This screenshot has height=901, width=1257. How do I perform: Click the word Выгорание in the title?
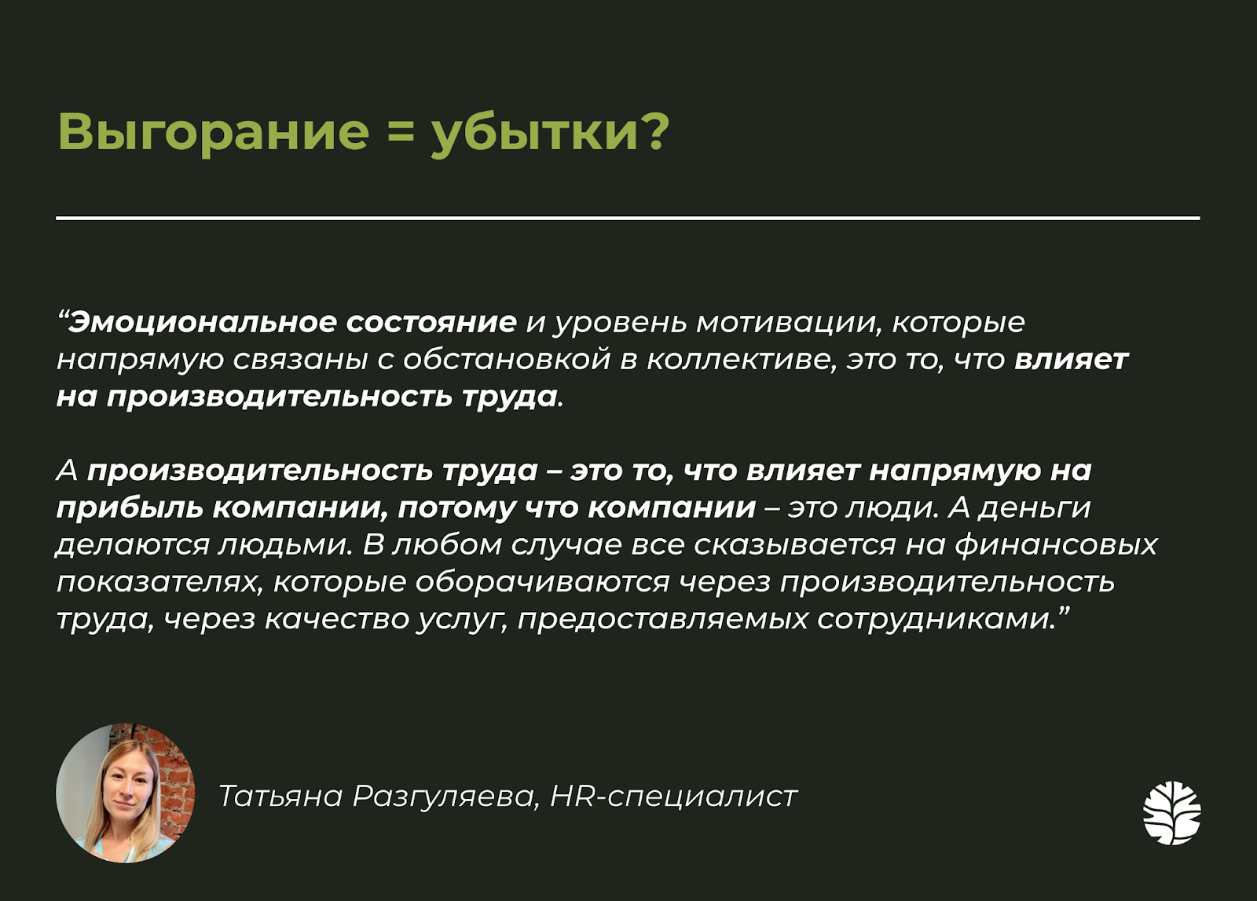[213, 134]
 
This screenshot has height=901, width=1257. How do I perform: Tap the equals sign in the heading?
[400, 133]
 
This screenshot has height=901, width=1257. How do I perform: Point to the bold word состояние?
[431, 323]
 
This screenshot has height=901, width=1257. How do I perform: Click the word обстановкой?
[507, 360]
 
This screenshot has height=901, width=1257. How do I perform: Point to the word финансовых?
[1056, 545]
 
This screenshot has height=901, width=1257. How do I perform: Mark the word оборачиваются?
[542, 583]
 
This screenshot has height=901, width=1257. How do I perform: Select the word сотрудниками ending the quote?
[933, 620]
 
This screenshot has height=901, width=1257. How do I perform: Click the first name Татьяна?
[280, 796]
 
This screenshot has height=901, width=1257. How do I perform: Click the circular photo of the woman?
[126, 793]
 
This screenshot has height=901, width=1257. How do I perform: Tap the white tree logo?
[1171, 812]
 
